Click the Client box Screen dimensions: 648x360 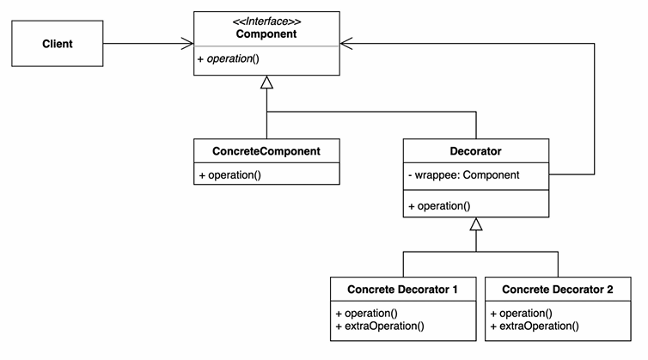point(58,44)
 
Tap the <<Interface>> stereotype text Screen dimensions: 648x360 point(266,21)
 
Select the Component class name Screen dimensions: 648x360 point(266,34)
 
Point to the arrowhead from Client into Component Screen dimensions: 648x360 point(187,44)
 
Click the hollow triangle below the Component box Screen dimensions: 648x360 point(266,82)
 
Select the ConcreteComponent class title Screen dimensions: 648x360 point(266,151)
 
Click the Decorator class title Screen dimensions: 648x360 point(475,151)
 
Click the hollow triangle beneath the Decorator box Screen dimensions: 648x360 point(475,224)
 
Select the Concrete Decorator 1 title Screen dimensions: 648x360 point(402,290)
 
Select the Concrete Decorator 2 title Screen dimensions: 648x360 point(558,290)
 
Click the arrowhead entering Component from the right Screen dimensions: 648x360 point(346,44)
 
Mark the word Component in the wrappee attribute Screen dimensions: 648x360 point(491,174)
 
